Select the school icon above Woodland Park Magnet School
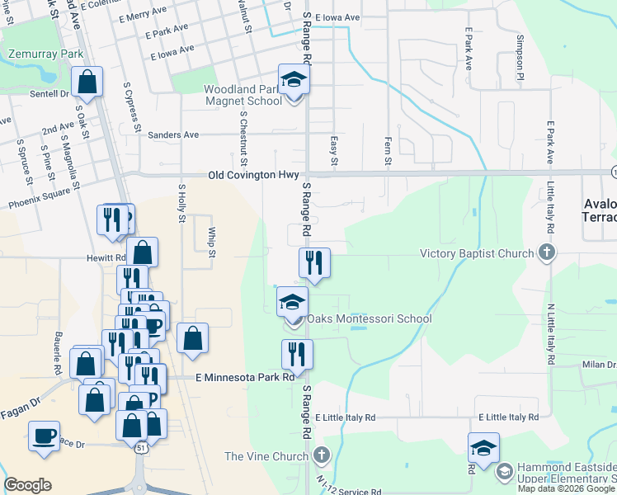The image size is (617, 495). point(293,80)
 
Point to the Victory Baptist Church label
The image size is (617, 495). point(477,253)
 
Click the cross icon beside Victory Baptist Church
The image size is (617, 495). point(545,252)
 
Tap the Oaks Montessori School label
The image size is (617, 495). point(370,318)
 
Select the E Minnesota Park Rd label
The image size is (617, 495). point(244,377)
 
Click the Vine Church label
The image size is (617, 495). point(268,455)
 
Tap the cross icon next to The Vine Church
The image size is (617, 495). point(321,455)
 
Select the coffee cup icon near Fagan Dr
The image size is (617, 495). point(44,436)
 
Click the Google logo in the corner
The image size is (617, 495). point(27,485)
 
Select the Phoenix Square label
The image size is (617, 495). point(40,198)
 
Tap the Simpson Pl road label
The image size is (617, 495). point(520,51)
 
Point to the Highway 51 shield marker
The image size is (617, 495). point(143,447)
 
